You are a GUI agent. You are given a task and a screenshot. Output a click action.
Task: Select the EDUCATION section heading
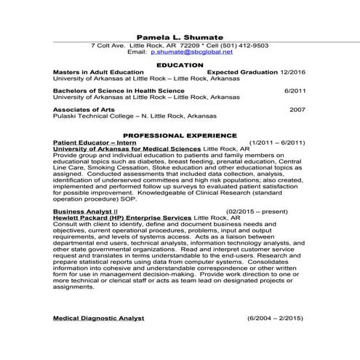[x=180, y=65]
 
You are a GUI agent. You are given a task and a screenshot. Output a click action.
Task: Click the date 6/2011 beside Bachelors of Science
[x=295, y=91]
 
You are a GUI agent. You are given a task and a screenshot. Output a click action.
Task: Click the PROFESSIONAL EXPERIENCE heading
[x=180, y=135]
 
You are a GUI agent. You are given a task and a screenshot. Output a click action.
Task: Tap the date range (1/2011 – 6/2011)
[x=276, y=143]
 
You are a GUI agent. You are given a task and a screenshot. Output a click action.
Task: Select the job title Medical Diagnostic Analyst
[x=99, y=319]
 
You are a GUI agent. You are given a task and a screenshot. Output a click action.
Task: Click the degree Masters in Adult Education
[x=98, y=73]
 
